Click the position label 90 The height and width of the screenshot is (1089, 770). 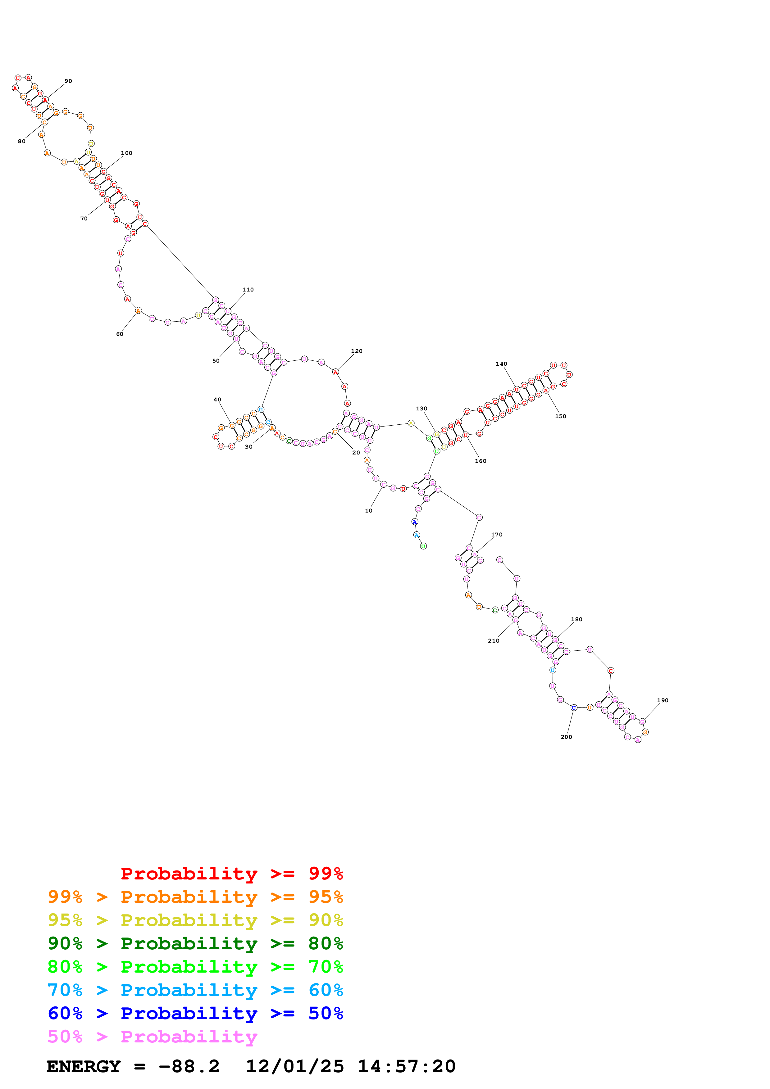[68, 81]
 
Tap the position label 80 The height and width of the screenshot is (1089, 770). [22, 141]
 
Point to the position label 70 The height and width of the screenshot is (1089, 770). [84, 219]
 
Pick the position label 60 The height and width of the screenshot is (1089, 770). [120, 334]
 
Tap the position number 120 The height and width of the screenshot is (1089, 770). [357, 351]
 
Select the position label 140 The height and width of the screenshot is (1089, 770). [501, 364]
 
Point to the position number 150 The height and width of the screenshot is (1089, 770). [561, 416]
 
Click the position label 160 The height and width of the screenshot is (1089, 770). [481, 461]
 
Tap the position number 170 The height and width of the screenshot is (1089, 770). [497, 535]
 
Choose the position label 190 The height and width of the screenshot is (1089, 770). [663, 701]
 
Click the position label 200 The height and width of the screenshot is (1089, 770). [567, 737]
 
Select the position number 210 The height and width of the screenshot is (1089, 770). [494, 641]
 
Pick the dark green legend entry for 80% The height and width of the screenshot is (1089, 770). [195, 943]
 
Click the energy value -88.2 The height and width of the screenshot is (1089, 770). [189, 1066]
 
